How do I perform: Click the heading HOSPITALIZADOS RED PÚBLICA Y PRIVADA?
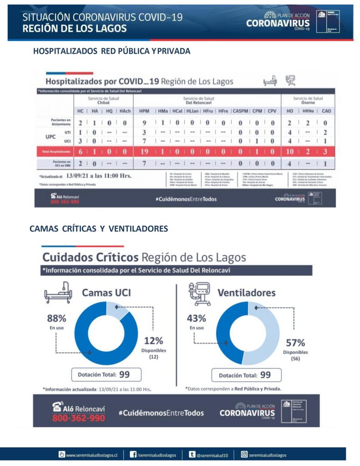112,51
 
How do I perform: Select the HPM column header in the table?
144,111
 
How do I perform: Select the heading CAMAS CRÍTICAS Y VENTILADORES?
99,228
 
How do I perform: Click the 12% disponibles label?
153,345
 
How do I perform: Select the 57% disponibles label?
295,347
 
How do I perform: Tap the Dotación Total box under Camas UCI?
106,375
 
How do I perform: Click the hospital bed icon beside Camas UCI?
58,294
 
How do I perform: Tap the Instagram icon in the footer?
244,454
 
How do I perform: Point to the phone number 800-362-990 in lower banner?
78,418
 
